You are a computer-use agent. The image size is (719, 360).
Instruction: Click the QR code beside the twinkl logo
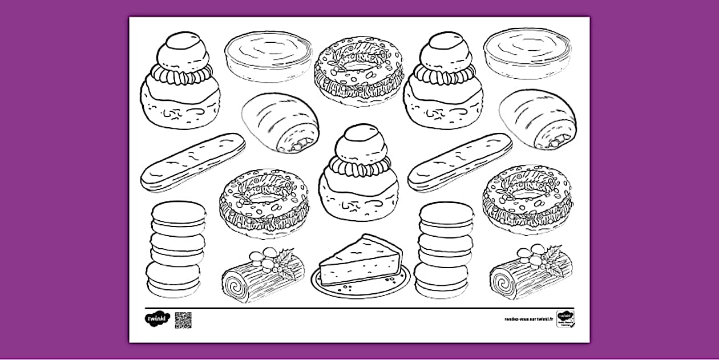(183, 320)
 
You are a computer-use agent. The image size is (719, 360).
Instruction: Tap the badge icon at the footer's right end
(565, 318)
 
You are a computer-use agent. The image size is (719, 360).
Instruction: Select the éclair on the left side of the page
(193, 162)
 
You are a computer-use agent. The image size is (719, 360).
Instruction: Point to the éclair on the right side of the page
(460, 162)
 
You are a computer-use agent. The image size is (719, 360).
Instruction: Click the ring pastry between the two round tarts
(358, 71)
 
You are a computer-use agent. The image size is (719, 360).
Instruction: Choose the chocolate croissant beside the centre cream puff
(281, 122)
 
